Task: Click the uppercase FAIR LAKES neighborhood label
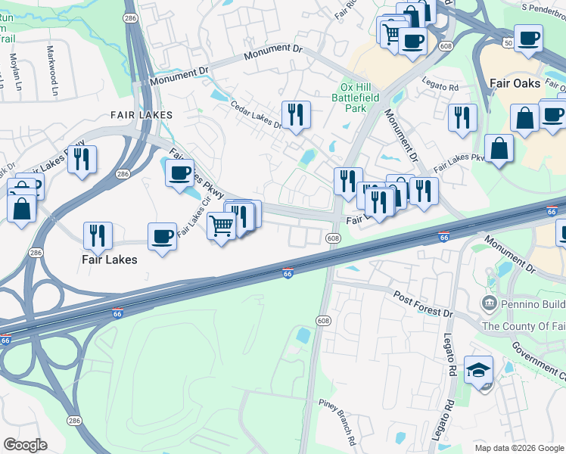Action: [x=141, y=115]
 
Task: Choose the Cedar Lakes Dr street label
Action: [x=256, y=115]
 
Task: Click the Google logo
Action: [x=25, y=445]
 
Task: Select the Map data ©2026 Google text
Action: [x=519, y=448]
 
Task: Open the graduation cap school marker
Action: [x=478, y=370]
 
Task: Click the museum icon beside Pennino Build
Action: [x=489, y=304]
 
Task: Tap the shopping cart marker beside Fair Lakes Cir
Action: [x=221, y=224]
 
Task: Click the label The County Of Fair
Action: [x=523, y=326]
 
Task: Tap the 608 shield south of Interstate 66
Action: [x=324, y=321]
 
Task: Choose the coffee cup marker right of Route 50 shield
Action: [x=527, y=37]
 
